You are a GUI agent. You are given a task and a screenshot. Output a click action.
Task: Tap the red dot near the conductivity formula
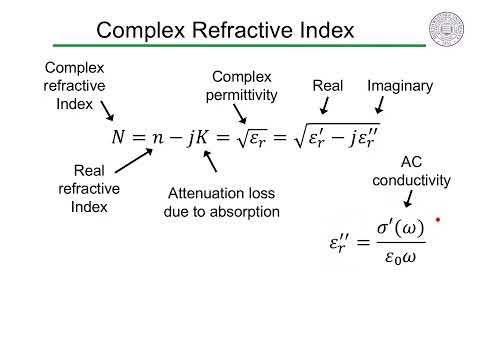(438, 219)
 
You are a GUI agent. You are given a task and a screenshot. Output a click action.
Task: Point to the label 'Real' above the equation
(328, 86)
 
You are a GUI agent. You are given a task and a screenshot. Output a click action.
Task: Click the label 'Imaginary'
(400, 86)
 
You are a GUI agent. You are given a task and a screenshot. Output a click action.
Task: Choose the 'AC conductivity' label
(412, 171)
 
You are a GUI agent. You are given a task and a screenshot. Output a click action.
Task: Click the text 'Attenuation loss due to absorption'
(221, 202)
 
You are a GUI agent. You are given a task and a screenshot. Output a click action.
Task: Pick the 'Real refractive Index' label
(89, 189)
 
